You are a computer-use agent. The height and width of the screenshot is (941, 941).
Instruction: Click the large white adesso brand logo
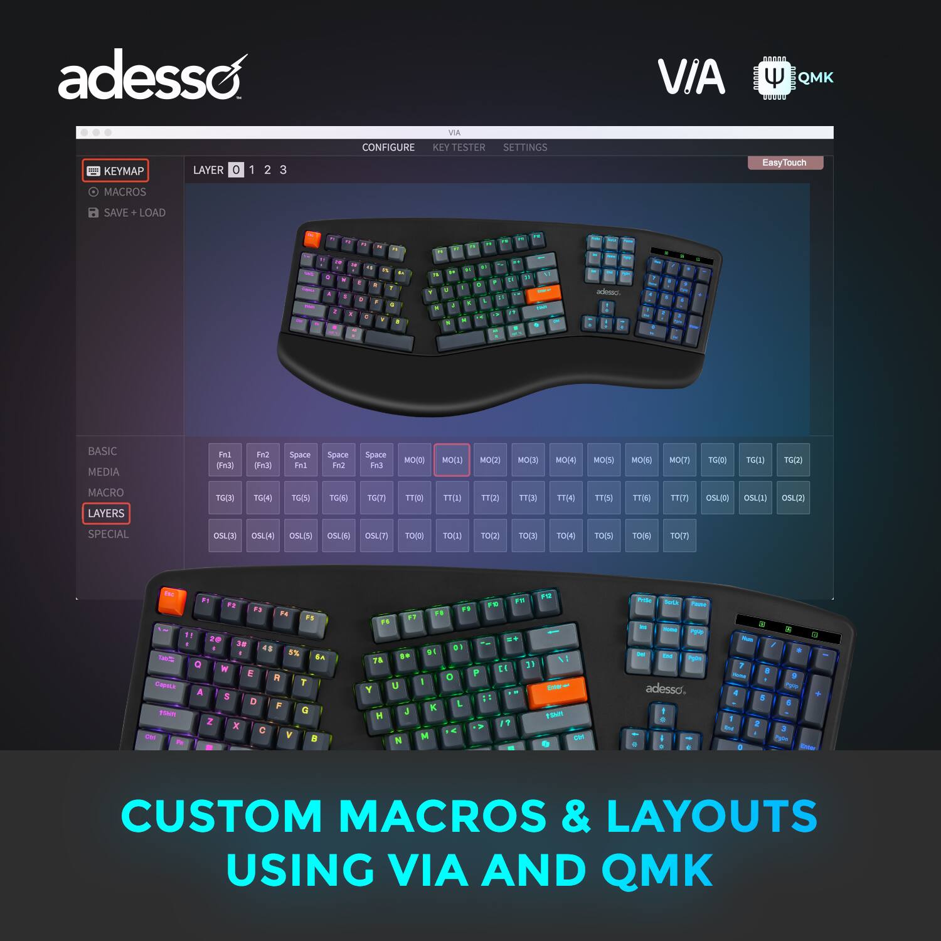[151, 77]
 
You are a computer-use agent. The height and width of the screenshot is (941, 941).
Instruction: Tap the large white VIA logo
[691, 77]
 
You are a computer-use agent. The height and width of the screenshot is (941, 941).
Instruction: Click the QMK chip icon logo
[774, 78]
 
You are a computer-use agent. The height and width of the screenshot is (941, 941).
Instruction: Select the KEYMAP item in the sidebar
[115, 171]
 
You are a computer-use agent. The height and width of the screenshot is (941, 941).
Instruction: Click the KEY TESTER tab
[459, 147]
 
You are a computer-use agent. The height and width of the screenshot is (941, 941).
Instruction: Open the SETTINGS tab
[525, 147]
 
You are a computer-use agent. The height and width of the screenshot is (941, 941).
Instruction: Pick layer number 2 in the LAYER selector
[267, 170]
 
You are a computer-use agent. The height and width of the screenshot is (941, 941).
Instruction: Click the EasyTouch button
[784, 163]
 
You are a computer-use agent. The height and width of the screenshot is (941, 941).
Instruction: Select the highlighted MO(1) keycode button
[452, 460]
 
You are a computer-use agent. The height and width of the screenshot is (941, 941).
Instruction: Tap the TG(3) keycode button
[225, 498]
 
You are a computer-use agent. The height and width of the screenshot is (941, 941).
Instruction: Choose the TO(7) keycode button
[679, 536]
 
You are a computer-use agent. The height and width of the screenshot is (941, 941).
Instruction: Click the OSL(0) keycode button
[717, 498]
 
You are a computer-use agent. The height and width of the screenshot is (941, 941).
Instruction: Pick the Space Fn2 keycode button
[338, 460]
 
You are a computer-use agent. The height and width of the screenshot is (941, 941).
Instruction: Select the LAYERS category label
[106, 513]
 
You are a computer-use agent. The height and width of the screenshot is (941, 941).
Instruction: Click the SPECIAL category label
[108, 534]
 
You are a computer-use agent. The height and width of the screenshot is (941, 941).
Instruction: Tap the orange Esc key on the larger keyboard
[171, 601]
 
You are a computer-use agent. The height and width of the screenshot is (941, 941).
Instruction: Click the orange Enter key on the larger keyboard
[556, 690]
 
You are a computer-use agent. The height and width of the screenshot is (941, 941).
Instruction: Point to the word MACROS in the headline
[442, 816]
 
